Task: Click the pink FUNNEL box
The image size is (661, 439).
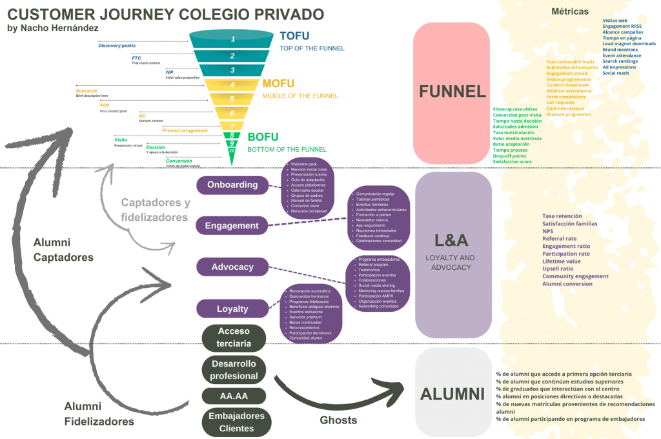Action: click(453, 92)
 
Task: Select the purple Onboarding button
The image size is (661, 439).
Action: click(232, 185)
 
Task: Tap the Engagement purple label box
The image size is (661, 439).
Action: click(232, 225)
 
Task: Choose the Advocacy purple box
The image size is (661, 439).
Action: click(232, 267)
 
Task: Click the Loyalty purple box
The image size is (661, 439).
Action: click(232, 309)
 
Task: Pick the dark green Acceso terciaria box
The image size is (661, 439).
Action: click(234, 337)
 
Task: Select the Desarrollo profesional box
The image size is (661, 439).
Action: click(234, 369)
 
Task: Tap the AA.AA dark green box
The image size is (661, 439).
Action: click(234, 395)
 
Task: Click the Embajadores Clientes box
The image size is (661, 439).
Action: click(234, 422)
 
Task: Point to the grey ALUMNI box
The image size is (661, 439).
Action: click(453, 393)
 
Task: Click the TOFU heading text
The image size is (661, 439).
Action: click(294, 36)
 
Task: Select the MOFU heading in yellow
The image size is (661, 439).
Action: click(278, 84)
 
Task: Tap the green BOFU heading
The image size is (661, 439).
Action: click(263, 137)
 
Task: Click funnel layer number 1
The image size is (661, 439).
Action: click(232, 39)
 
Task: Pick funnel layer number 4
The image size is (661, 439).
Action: click(232, 85)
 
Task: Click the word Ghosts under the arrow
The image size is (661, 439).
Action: click(338, 420)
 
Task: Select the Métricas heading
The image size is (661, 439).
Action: click(570, 12)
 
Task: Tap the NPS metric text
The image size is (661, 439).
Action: click(547, 231)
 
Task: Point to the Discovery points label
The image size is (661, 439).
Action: click(117, 46)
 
